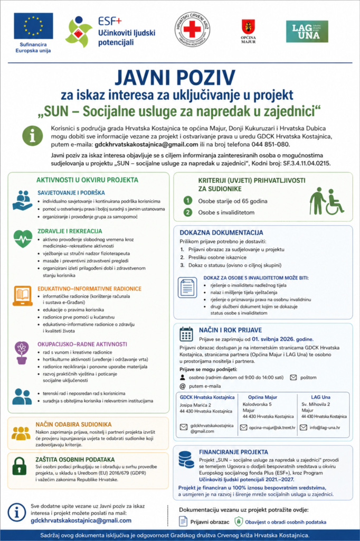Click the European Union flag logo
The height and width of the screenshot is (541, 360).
coord(33,26)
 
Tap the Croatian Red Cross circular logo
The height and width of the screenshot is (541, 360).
coord(192,30)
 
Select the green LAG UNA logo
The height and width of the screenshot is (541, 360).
coord(307,31)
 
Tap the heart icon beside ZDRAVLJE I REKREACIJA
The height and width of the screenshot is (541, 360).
coord(23,239)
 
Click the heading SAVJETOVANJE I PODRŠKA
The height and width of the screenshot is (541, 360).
coord(71,193)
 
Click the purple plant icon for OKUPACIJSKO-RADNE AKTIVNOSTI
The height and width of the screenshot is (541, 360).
coord(22,351)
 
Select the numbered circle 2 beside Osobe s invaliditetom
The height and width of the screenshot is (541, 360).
coord(187,212)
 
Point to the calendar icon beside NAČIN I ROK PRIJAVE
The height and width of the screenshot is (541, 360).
coord(186,333)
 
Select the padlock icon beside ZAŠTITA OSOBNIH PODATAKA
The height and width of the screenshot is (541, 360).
coord(20,465)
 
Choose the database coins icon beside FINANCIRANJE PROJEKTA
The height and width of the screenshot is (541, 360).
coord(186,458)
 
